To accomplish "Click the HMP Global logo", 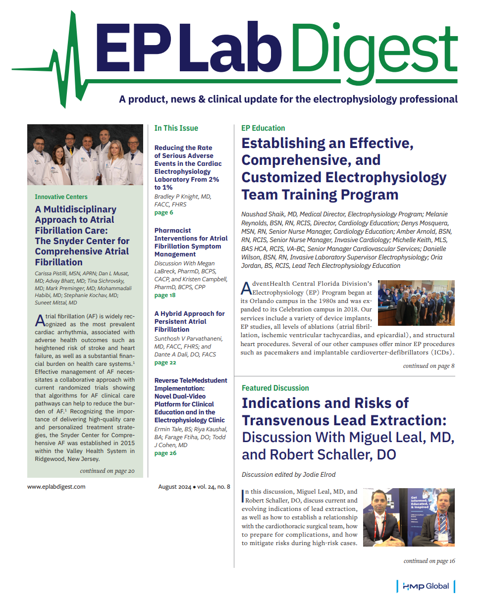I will pyautogui.click(x=426, y=586).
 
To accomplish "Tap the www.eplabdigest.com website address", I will pyautogui.click(x=56, y=487).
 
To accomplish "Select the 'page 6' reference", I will pyautogui.click(x=164, y=212).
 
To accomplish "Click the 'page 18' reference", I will pyautogui.click(x=165, y=295).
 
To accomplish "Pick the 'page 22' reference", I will pyautogui.click(x=165, y=362).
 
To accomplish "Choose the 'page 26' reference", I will pyautogui.click(x=165, y=453).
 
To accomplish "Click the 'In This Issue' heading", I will pyautogui.click(x=176, y=128).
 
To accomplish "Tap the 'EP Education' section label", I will pyautogui.click(x=263, y=128).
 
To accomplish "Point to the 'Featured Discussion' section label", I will pyautogui.click(x=275, y=388).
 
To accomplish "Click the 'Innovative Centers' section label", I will pyautogui.click(x=61, y=197).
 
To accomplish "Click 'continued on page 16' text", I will pyautogui.click(x=429, y=561).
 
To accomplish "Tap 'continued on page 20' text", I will pyautogui.click(x=107, y=471).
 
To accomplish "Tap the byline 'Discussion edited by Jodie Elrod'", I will pyautogui.click(x=288, y=474).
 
